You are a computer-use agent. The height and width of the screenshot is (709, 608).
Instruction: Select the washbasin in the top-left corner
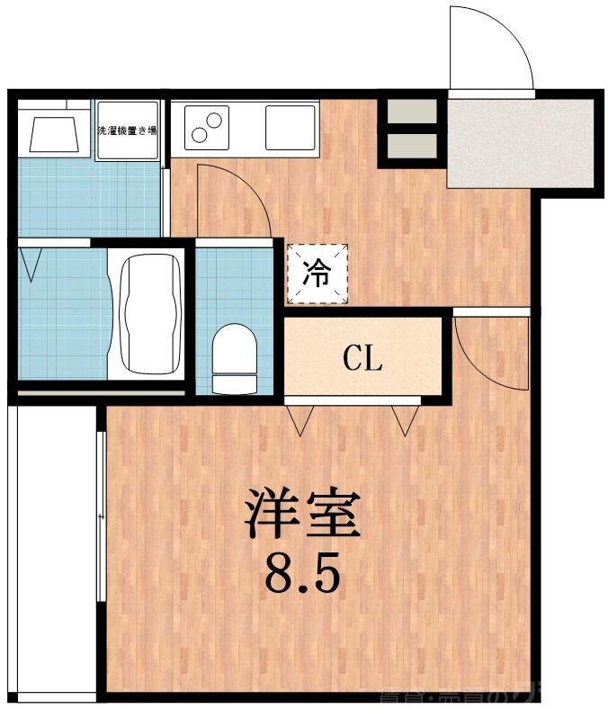coord(53,131)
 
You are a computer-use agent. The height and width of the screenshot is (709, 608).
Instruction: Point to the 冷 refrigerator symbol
coord(316,273)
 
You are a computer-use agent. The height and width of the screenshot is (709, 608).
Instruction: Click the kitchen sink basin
coord(291,128)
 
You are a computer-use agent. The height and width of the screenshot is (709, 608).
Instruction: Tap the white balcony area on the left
coord(52,549)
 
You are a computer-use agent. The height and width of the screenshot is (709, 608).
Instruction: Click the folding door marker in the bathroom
coord(33,263)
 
